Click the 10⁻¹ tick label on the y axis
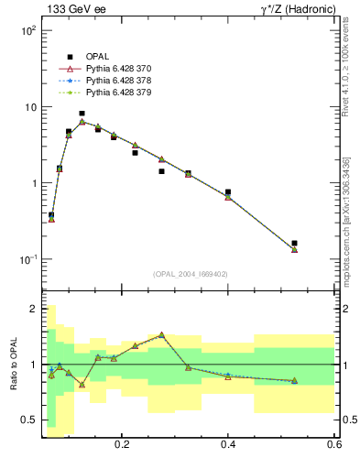click(27, 259)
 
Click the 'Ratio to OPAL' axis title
click(12, 365)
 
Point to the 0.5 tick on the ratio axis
click(29, 420)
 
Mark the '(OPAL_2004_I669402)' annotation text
click(190, 273)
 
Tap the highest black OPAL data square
click(82, 114)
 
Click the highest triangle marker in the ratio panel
click(161, 335)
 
